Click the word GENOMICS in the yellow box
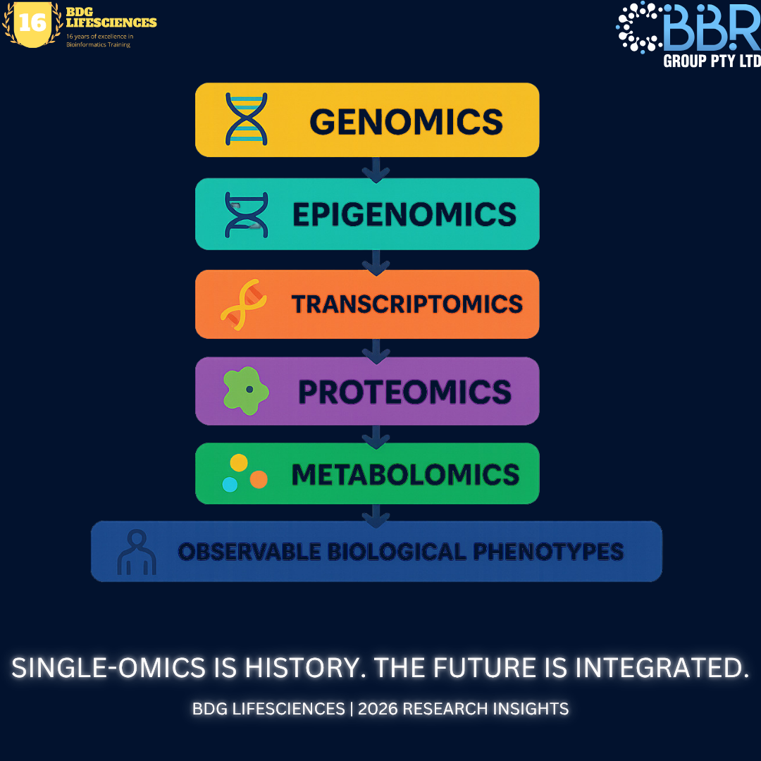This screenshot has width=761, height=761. point(407,121)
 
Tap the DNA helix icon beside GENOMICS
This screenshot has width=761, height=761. point(247,119)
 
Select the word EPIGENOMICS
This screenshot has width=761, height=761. point(404,214)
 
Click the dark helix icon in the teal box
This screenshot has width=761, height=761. point(247,215)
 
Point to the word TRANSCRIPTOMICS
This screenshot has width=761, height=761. point(407,304)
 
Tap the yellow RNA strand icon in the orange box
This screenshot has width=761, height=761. point(244,304)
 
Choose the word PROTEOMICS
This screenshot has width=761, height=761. point(404,392)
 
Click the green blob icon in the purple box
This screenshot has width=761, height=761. point(246,390)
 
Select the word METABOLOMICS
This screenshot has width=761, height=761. point(405,474)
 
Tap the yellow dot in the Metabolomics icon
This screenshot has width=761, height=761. point(239,462)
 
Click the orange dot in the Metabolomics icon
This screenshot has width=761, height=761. point(259,480)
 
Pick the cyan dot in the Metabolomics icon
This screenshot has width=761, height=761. point(230,484)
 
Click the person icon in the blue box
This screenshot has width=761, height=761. point(137,553)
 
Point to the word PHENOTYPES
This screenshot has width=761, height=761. point(548,551)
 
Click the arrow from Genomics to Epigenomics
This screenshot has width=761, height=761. point(376,169)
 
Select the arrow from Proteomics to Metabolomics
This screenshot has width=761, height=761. point(376,437)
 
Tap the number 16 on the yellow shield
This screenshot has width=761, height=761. point(32,23)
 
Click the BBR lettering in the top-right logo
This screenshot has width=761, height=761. point(712,28)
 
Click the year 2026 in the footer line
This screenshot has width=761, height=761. point(376,709)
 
